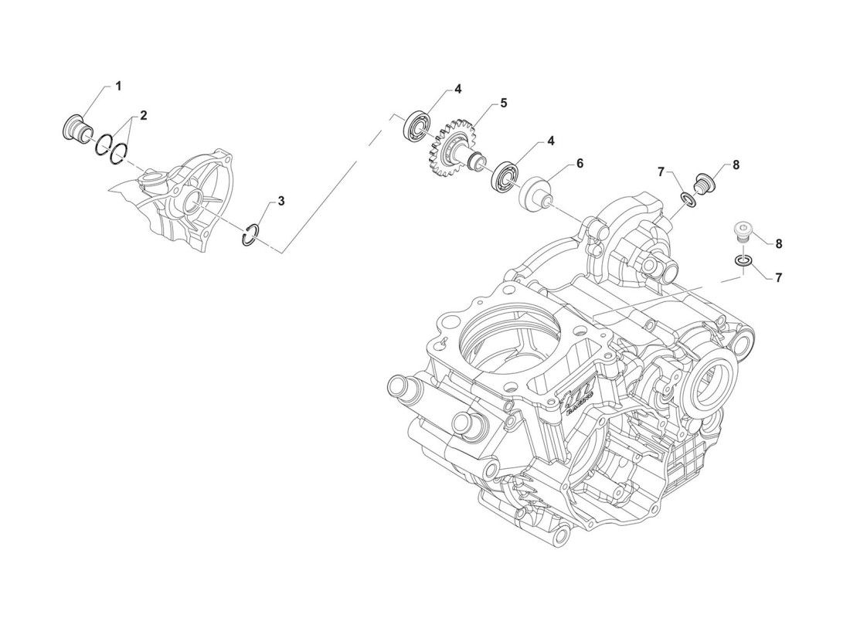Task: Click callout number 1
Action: click(118, 87)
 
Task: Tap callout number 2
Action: click(144, 115)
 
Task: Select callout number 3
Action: click(281, 201)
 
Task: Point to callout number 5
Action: click(503, 103)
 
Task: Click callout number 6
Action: click(579, 164)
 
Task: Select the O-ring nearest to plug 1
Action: click(103, 144)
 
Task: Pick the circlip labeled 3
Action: click(250, 235)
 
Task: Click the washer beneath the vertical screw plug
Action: click(741, 261)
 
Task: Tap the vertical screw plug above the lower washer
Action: click(741, 233)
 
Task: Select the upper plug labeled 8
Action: click(707, 182)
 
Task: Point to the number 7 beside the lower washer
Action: click(779, 277)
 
